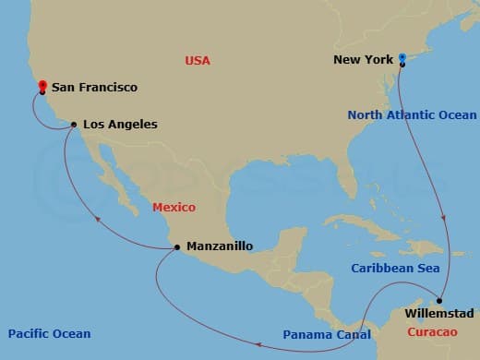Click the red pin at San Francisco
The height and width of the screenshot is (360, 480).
42,88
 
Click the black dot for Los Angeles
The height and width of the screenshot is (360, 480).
73,125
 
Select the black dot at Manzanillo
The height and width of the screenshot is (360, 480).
176,246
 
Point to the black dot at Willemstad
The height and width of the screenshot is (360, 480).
440,301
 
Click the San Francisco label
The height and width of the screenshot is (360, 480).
94,88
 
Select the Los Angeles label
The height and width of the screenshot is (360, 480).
120,124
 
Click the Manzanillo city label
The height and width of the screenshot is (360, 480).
219,246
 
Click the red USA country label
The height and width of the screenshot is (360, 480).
198,61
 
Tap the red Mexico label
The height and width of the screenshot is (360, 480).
174,209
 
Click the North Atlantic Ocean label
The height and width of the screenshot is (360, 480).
411,114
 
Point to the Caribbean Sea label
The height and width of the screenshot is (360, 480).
395,268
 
